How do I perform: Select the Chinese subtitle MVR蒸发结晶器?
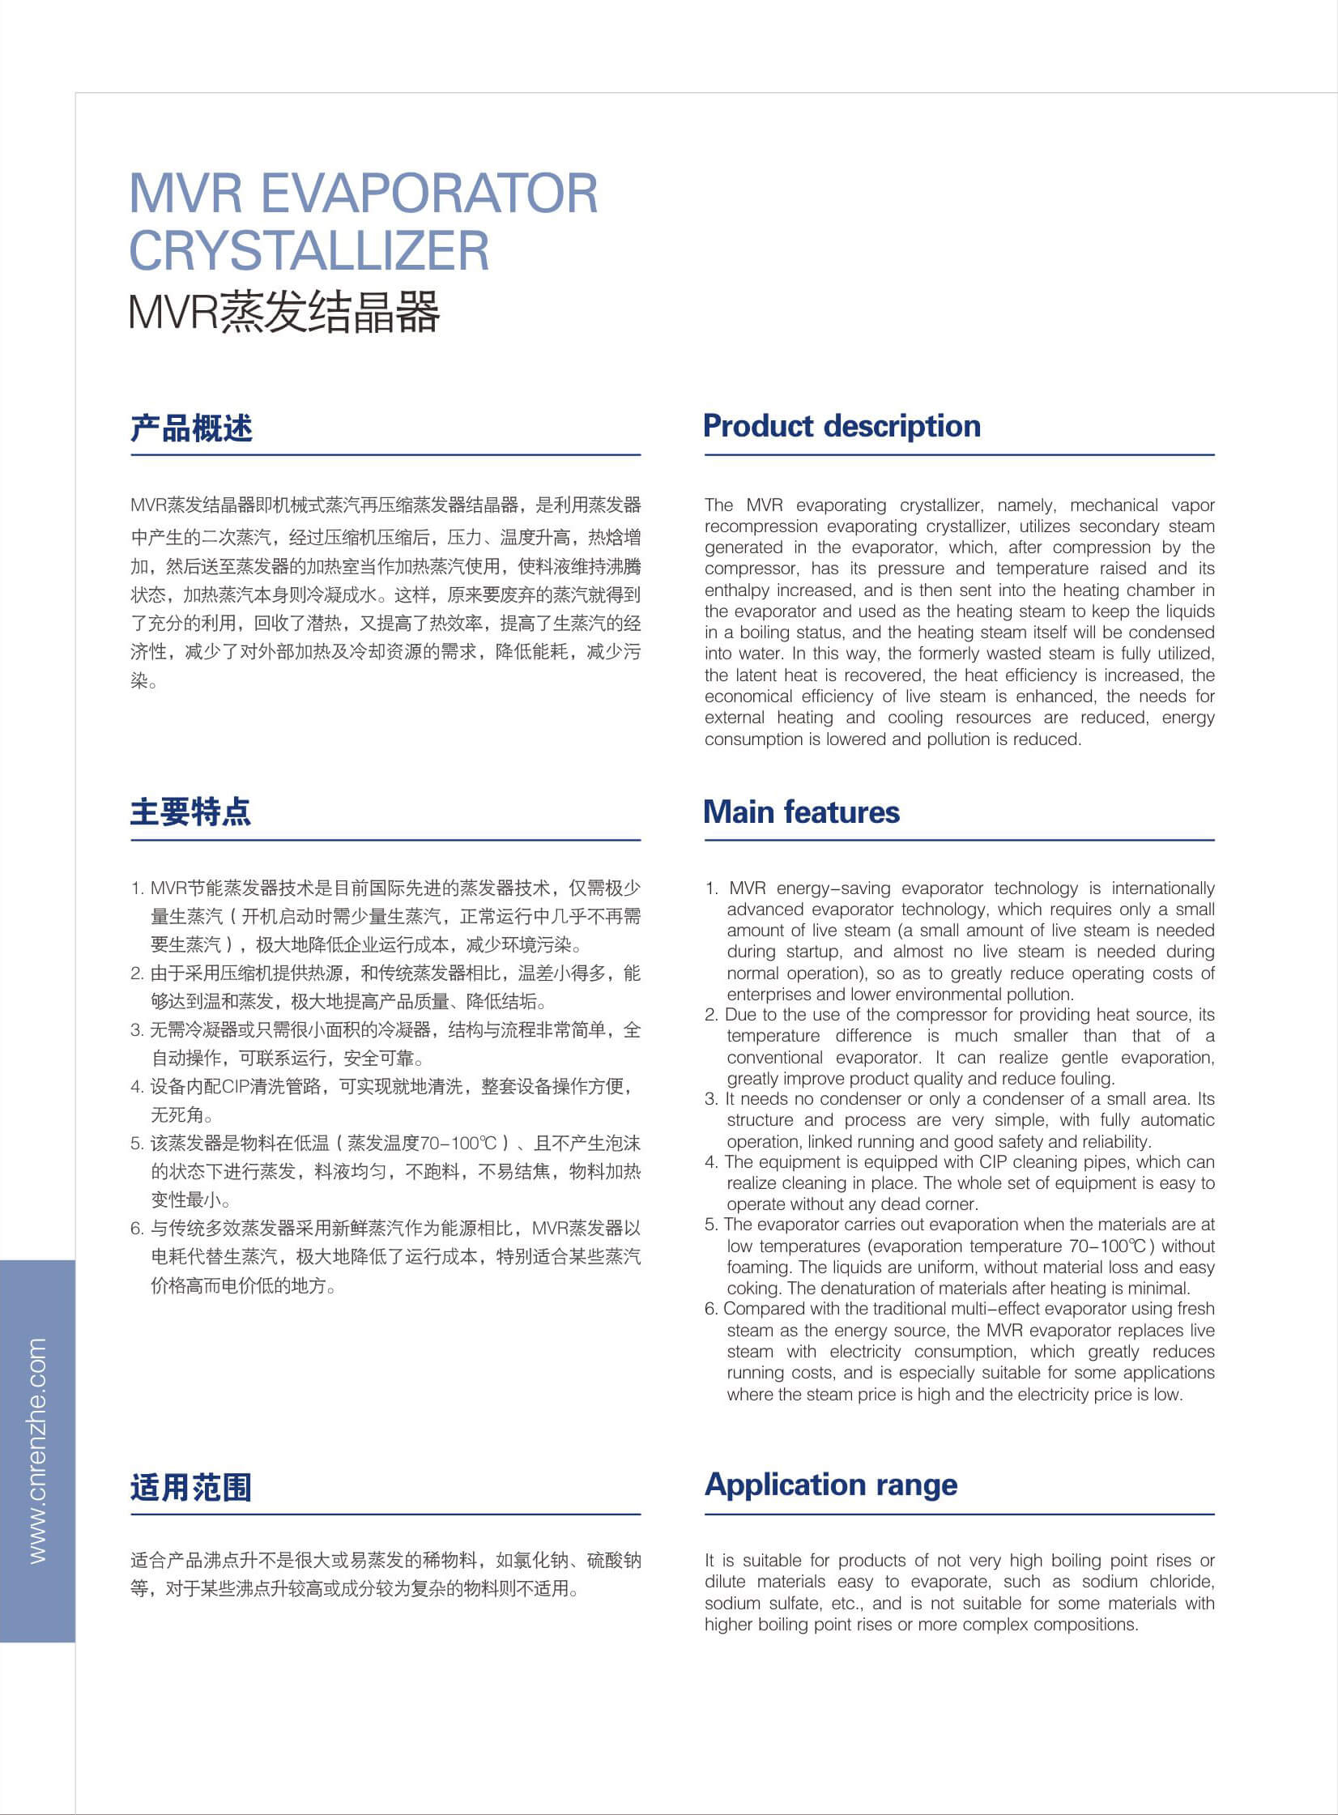[284, 312]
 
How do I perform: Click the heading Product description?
[842, 426]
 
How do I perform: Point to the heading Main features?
[801, 812]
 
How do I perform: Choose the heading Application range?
[831, 1484]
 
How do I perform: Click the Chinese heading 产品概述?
[191, 428]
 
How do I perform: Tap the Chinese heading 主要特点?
[191, 812]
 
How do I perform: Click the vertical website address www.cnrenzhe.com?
[38, 1451]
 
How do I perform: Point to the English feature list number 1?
[711, 888]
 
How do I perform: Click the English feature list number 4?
[711, 1162]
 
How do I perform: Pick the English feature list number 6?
[711, 1309]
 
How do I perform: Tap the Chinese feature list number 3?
[137, 1030]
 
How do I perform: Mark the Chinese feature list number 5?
[137, 1144]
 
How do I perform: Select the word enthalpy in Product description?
[737, 590]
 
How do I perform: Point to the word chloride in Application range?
[1182, 1582]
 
